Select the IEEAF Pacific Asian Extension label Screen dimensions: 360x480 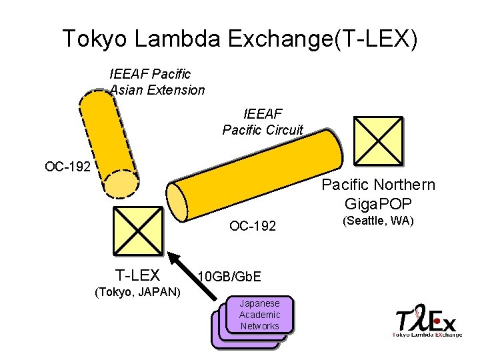pos(156,81)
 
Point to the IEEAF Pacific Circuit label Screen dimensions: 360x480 pos(263,121)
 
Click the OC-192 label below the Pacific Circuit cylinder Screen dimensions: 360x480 pos(253,226)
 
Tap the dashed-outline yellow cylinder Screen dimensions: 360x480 pos(109,143)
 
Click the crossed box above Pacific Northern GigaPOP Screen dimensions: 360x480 pos(378,141)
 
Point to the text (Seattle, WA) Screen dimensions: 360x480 pos(378,221)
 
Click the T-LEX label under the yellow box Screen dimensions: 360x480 pos(137,275)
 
